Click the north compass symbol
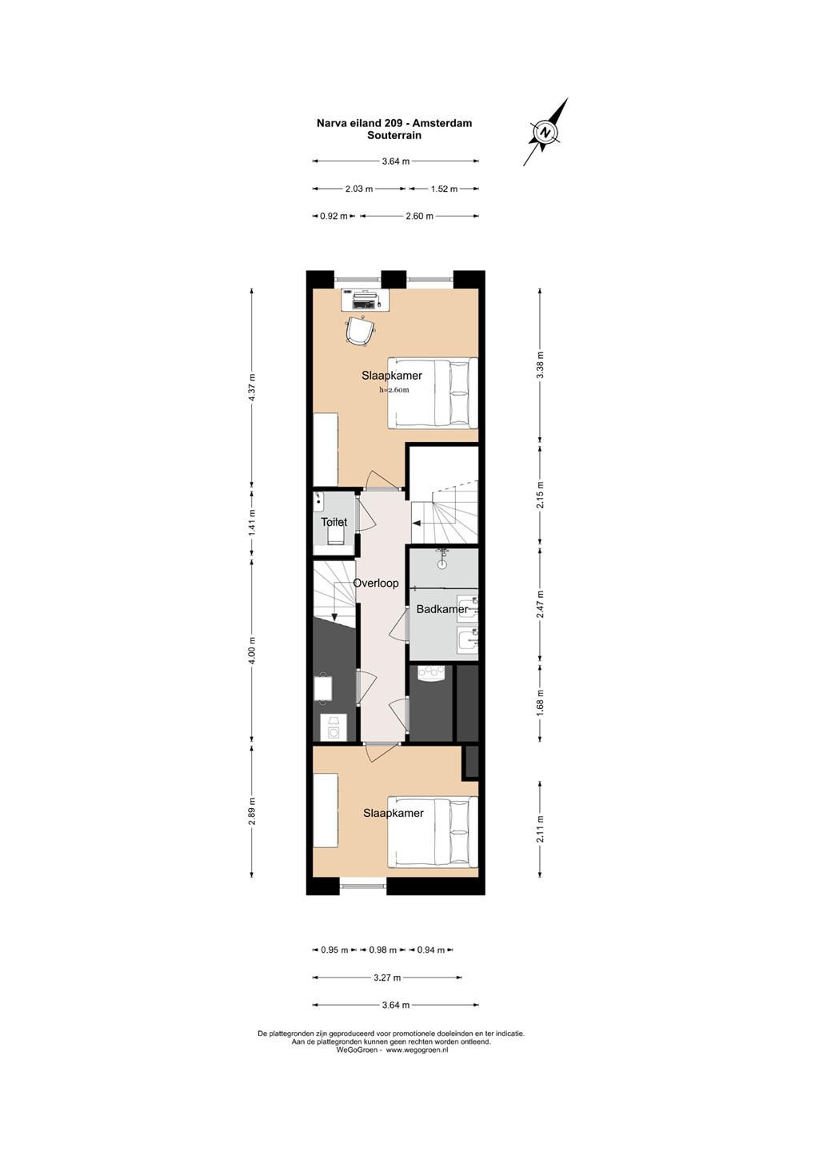545,132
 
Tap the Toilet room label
334,522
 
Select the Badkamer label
442,609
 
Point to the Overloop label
376,583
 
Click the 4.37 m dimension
251,388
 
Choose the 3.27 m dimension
387,978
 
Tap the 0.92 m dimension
334,217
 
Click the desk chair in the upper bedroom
358,330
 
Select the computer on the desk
365,299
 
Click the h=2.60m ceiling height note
394,390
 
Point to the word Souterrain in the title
394,136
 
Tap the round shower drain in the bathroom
442,564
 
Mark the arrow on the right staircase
415,524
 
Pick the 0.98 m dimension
382,950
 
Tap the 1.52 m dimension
444,189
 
